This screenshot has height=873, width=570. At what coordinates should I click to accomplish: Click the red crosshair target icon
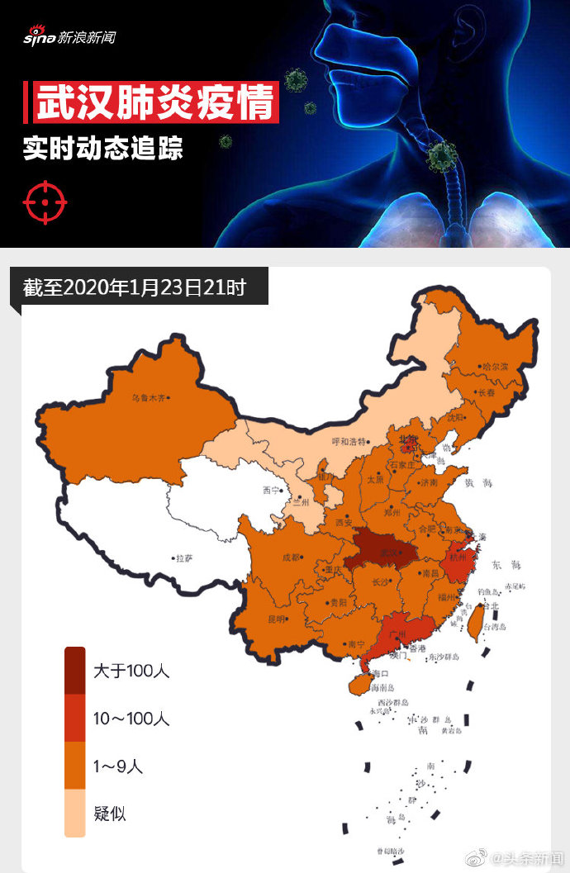click(x=45, y=202)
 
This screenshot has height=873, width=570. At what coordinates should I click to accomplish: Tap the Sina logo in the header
click(x=69, y=37)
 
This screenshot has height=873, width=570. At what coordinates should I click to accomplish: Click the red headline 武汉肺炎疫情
click(x=154, y=103)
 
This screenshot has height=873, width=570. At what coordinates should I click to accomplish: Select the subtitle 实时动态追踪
click(x=102, y=149)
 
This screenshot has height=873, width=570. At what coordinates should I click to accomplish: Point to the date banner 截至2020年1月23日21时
click(x=134, y=288)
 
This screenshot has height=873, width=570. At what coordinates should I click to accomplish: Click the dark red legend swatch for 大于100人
click(x=75, y=671)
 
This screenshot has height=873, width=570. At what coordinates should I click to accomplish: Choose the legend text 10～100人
click(x=131, y=719)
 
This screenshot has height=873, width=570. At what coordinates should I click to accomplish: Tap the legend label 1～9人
click(x=117, y=766)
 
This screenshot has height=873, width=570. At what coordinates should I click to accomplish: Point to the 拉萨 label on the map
click(x=183, y=558)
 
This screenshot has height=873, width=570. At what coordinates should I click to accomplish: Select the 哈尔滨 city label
click(x=495, y=366)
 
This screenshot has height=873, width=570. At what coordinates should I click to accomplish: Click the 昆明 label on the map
click(x=276, y=618)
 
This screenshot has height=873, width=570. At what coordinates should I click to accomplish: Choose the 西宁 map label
click(x=272, y=490)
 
